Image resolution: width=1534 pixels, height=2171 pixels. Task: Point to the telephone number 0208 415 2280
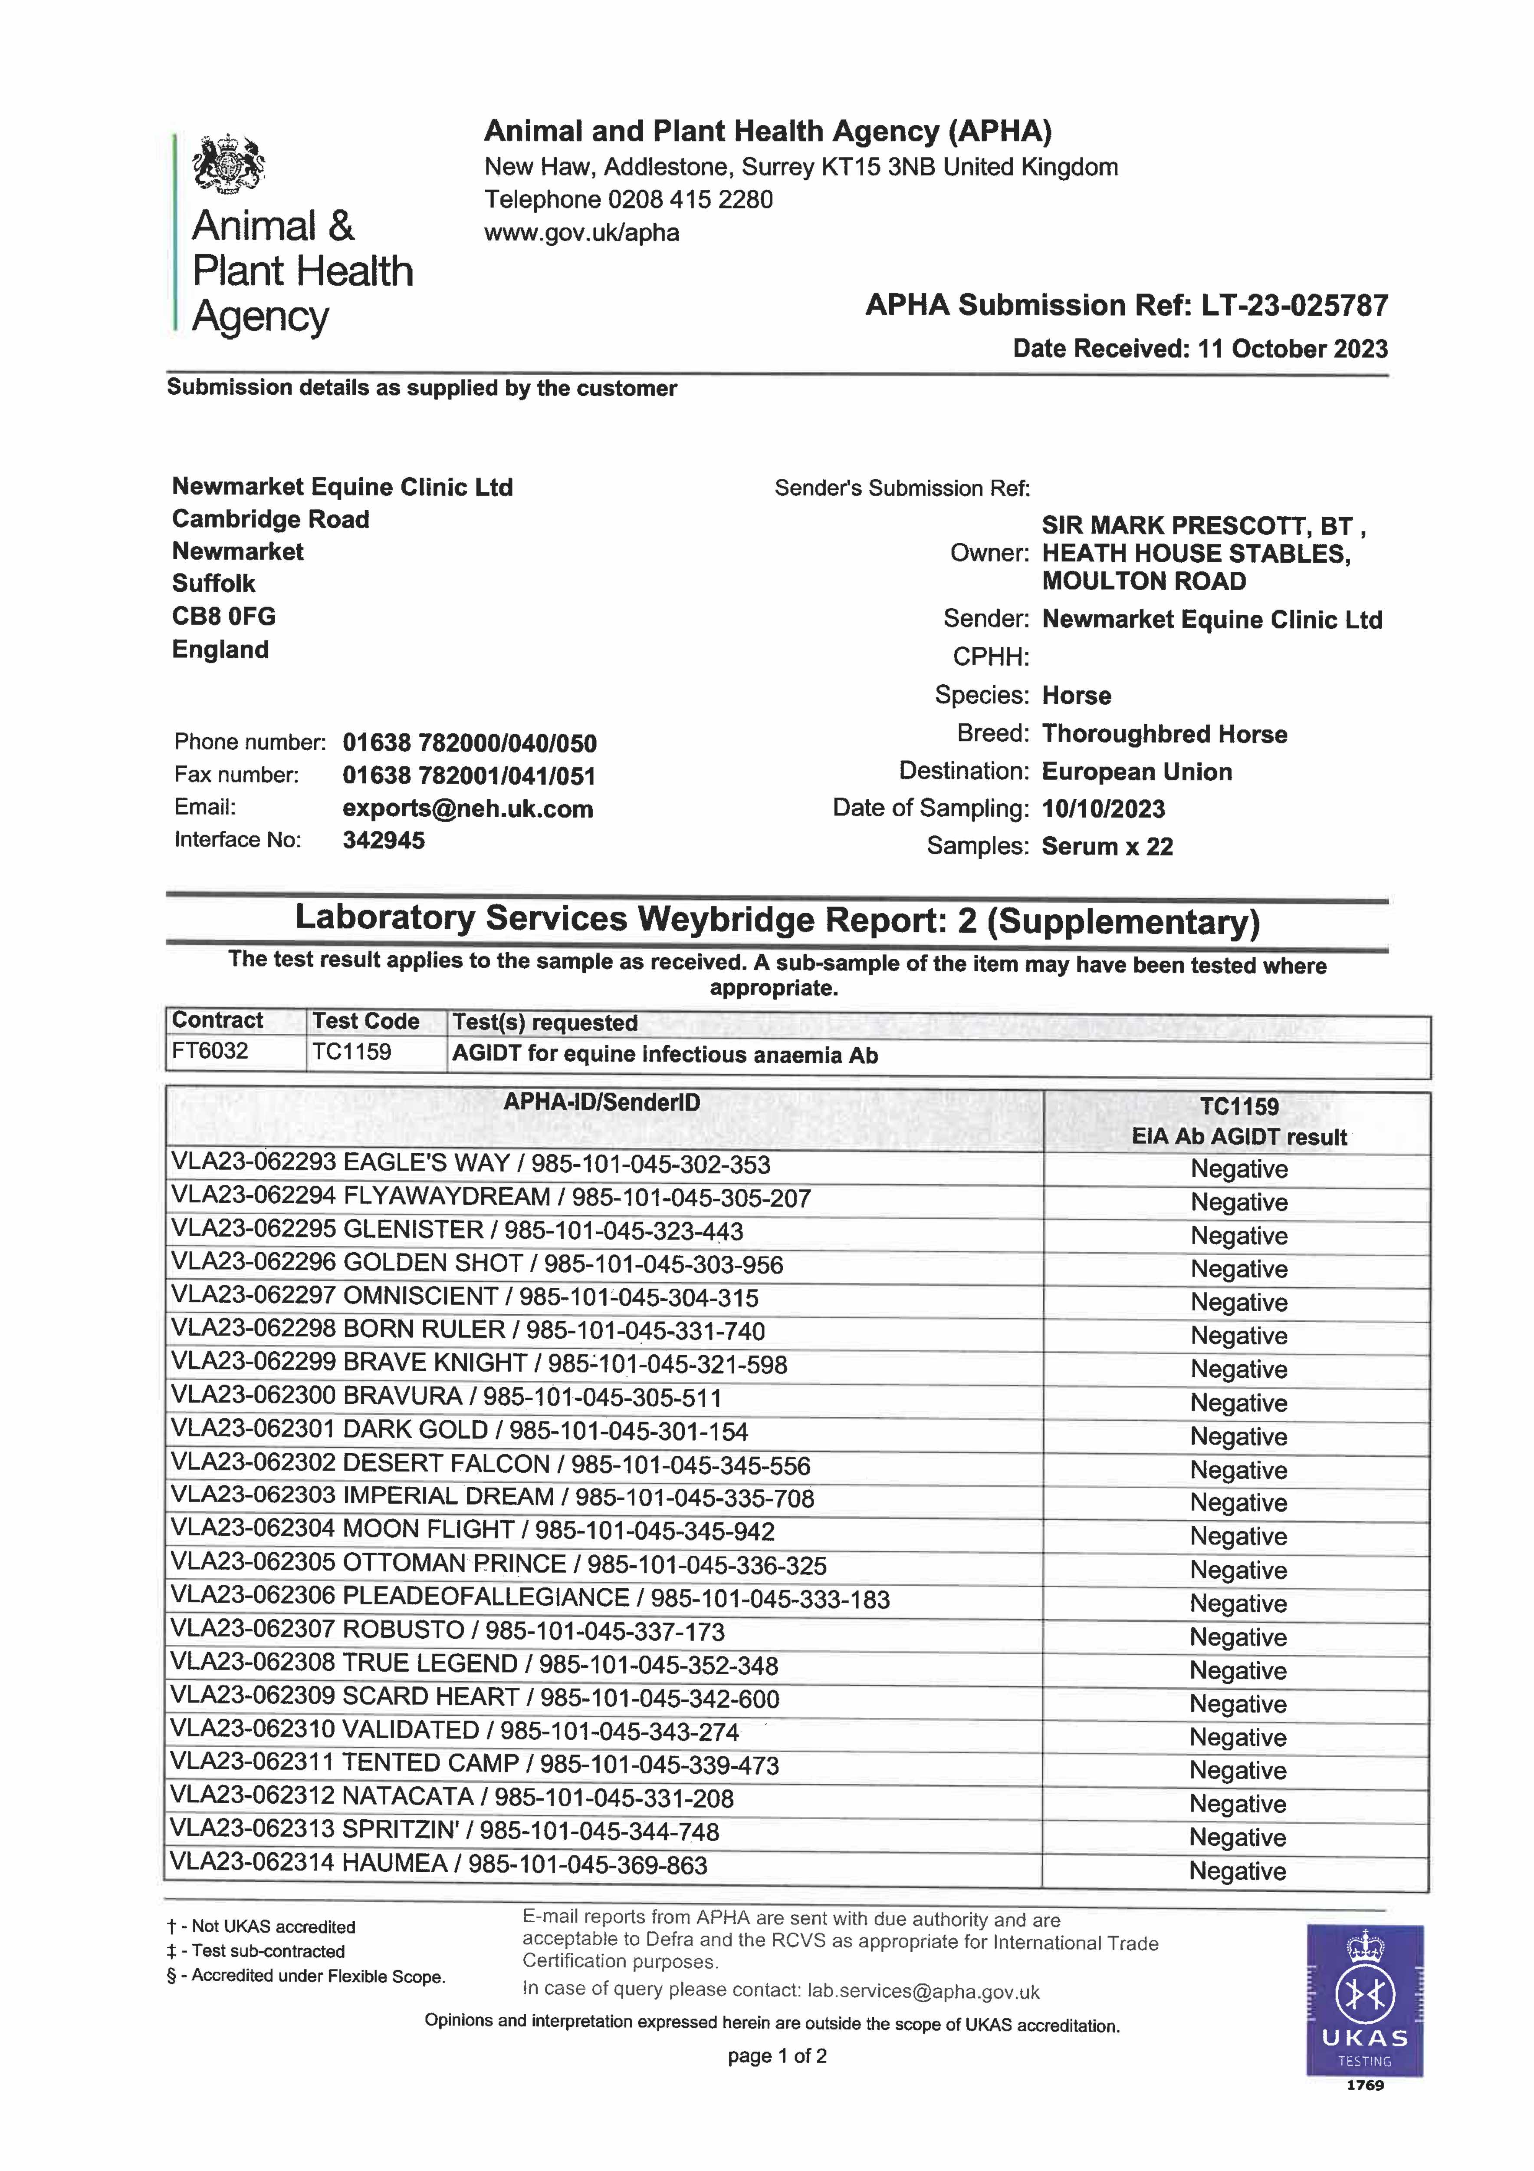pyautogui.click(x=690, y=199)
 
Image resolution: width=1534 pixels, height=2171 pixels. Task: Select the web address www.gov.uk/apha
pyautogui.click(x=581, y=233)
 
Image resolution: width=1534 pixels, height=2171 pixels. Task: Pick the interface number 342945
pyautogui.click(x=383, y=841)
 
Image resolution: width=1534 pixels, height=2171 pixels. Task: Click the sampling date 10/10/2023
pyautogui.click(x=1103, y=809)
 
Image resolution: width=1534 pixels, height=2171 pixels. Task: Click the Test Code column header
pyautogui.click(x=366, y=1021)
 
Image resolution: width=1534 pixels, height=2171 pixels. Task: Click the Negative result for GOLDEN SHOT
pyautogui.click(x=1238, y=1269)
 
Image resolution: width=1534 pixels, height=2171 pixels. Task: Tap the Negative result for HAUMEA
pyautogui.click(x=1237, y=1871)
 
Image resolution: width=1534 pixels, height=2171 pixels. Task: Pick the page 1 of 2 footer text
pyautogui.click(x=777, y=2056)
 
